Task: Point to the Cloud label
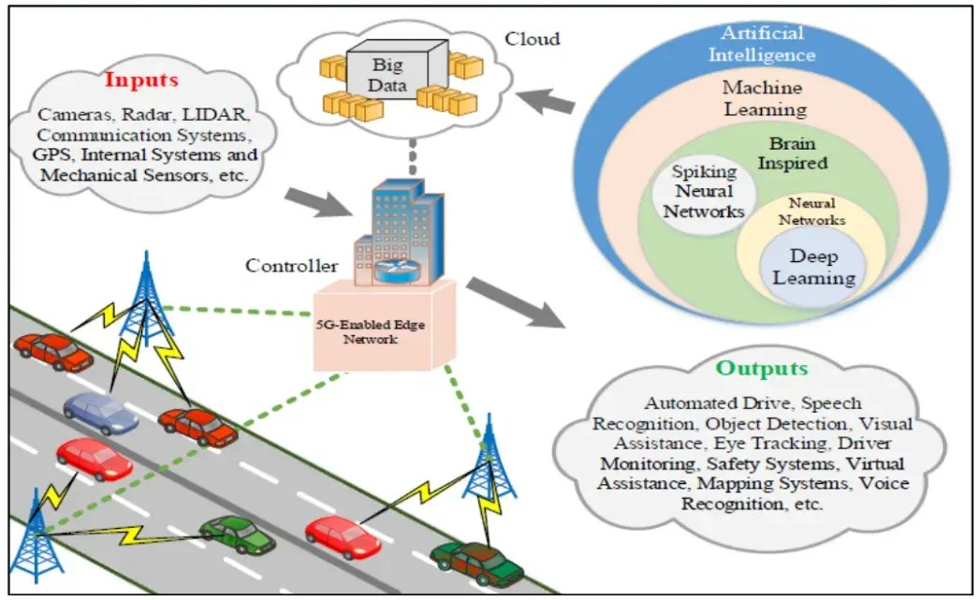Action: [533, 39]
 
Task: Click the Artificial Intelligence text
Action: [762, 43]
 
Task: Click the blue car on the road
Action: [100, 413]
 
